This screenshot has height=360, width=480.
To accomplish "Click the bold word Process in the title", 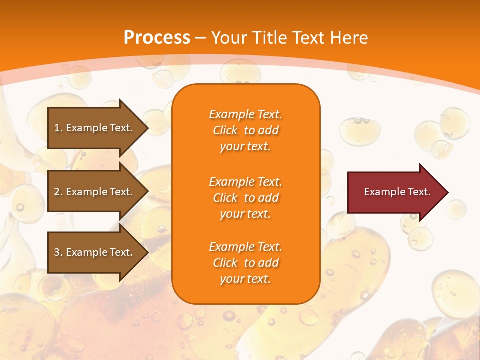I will click(157, 37).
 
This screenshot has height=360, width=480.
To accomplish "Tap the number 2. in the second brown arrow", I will click(58, 192).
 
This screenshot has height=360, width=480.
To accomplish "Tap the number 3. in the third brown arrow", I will click(58, 252).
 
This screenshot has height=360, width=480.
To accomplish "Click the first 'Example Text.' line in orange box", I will click(245, 114).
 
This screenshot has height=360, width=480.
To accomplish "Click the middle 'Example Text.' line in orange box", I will click(245, 181).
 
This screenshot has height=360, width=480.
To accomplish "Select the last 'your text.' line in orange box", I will click(245, 279).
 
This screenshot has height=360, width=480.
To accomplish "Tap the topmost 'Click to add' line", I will click(245, 130).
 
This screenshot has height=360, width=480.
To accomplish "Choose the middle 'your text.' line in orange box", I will click(245, 214).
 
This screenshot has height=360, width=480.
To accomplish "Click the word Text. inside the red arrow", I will click(418, 192).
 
